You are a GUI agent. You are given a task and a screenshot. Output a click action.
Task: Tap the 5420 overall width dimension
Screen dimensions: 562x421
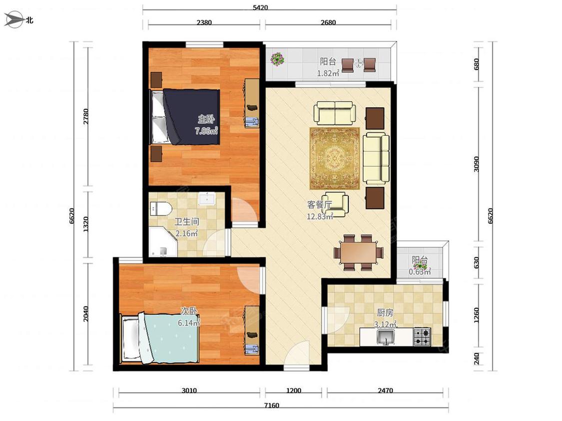tap(260, 7)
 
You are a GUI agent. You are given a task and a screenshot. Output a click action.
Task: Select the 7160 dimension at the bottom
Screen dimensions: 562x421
tap(271, 405)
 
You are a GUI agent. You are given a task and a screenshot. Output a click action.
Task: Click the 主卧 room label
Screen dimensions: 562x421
tap(206, 119)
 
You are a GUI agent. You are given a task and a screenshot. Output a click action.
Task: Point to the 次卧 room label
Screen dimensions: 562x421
tap(189, 311)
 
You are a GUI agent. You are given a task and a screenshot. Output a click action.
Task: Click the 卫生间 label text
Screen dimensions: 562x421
tap(186, 222)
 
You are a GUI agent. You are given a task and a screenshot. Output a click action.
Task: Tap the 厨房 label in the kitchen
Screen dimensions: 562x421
tap(385, 313)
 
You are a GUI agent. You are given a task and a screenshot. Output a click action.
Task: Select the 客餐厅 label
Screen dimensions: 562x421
tap(319, 205)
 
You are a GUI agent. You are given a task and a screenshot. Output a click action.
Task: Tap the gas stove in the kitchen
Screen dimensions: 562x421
tap(422, 337)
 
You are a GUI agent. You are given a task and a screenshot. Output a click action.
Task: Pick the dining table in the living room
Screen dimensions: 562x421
tap(359, 252)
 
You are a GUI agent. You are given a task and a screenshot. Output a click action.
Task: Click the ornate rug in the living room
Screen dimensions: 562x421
tap(334, 158)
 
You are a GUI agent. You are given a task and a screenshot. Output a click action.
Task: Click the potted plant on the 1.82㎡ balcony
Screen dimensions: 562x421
tap(277, 59)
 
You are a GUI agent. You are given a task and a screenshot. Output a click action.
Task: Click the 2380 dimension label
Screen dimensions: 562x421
tap(204, 22)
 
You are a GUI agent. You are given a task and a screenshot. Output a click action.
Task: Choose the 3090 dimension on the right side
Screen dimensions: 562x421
tap(477, 164)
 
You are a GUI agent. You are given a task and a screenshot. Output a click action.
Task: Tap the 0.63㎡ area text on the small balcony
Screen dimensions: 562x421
tap(420, 272)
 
